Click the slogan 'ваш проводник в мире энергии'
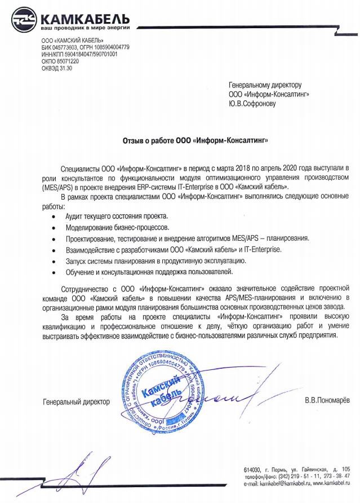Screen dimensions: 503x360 coord(85,28)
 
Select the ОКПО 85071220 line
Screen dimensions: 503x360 coord(60,61)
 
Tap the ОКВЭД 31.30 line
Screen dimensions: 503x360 coord(57,68)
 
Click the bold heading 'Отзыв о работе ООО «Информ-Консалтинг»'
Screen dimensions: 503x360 coord(195,139)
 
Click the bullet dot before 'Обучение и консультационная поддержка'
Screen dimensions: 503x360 coord(53,273)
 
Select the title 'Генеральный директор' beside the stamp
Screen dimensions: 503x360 coord(76,401)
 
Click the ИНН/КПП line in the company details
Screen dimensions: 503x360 coord(79,55)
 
